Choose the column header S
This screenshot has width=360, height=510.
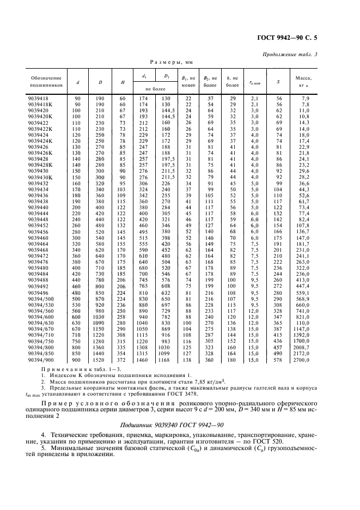(x=278, y=82)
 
